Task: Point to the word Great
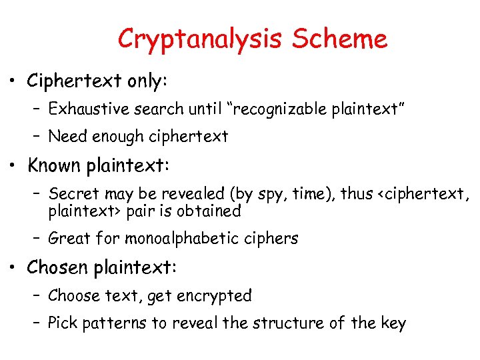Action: (x=69, y=238)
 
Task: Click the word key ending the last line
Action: (x=392, y=325)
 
